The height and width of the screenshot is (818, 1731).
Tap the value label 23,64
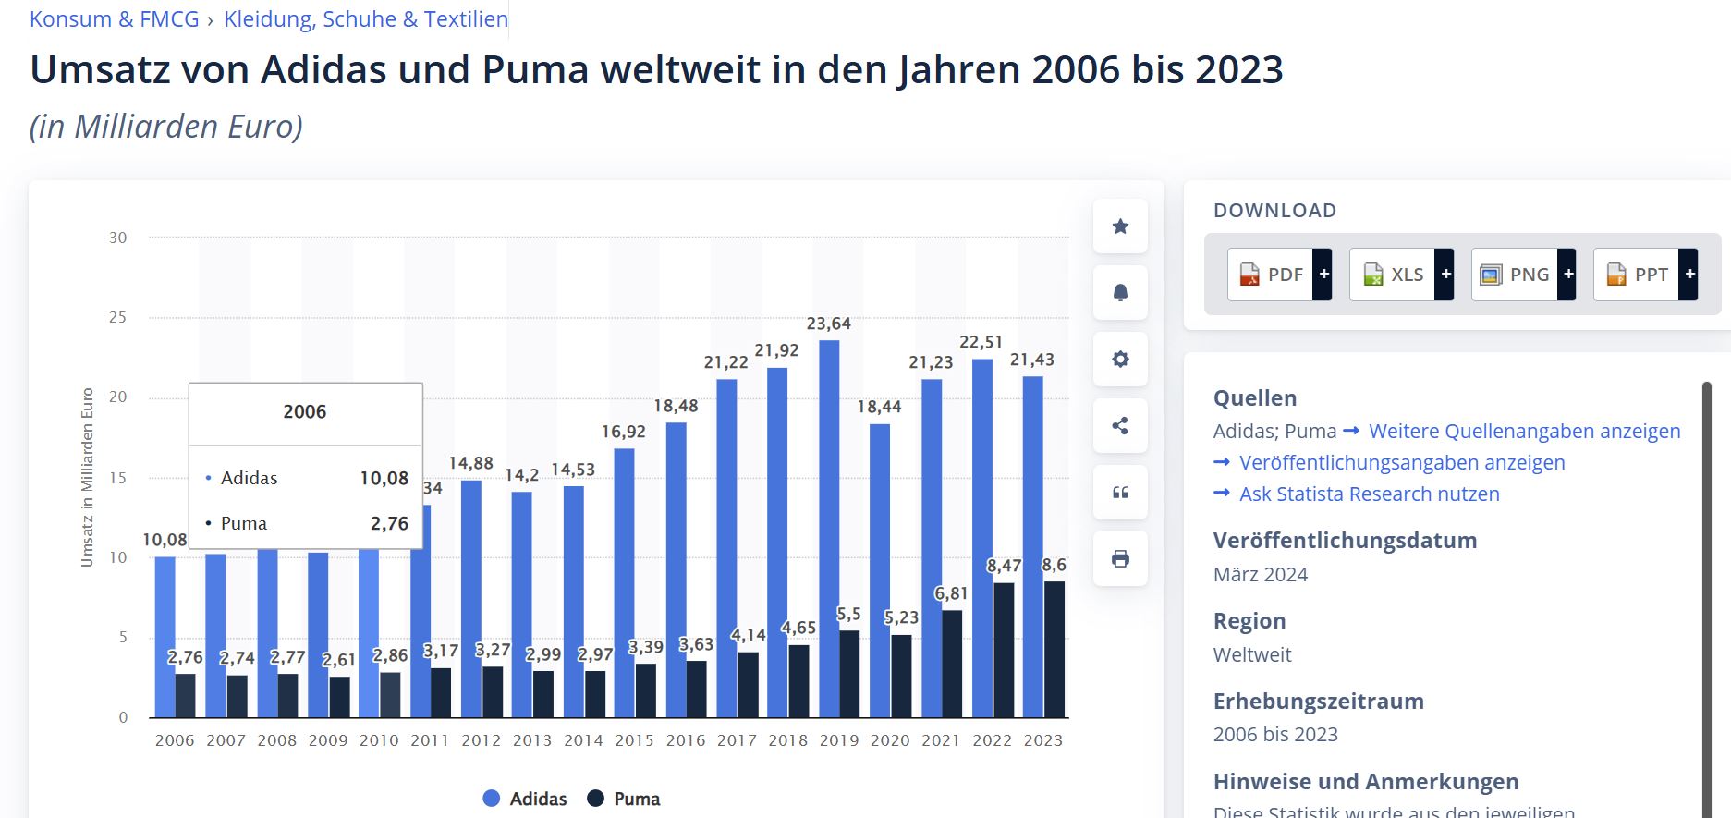pyautogui.click(x=828, y=324)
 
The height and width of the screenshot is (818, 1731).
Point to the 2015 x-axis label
pyautogui.click(x=634, y=740)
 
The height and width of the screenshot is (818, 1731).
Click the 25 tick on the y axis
pyautogui.click(x=117, y=317)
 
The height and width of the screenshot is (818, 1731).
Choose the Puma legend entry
pyautogui.click(x=624, y=799)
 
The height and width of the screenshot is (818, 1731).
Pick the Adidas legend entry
pyautogui.click(x=525, y=799)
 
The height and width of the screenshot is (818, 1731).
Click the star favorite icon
pyautogui.click(x=1120, y=226)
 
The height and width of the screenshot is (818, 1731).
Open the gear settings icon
pyautogui.click(x=1120, y=360)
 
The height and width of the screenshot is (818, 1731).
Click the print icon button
pyautogui.click(x=1120, y=558)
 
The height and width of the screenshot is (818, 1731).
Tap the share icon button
pyautogui.click(x=1120, y=426)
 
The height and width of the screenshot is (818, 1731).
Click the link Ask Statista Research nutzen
pyautogui.click(x=1369, y=494)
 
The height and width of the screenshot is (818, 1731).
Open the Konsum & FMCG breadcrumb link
pyautogui.click(x=114, y=19)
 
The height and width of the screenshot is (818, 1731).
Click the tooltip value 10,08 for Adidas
pyautogui.click(x=384, y=478)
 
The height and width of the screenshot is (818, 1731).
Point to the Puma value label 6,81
pyautogui.click(x=951, y=593)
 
